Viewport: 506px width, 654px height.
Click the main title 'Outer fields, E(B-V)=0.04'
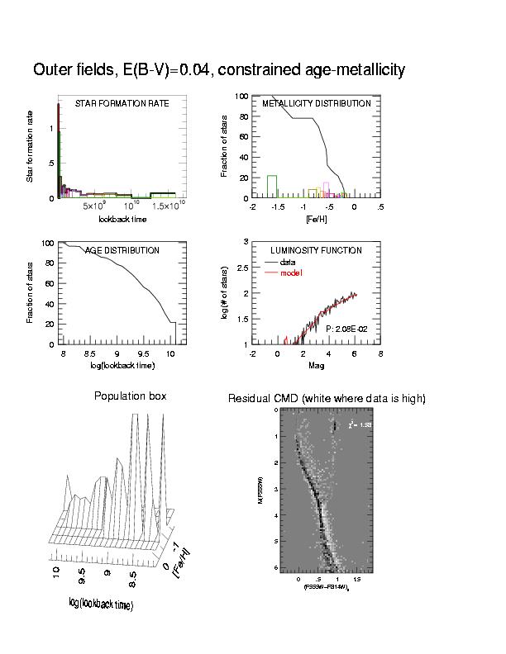218,70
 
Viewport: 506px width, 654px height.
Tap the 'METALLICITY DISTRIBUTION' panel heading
317,104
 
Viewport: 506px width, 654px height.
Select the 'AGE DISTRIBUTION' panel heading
122,250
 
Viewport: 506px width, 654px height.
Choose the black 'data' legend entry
287,262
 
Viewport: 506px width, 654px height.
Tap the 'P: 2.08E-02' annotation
346,329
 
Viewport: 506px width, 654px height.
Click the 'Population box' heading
131,396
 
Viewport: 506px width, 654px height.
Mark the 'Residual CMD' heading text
327,399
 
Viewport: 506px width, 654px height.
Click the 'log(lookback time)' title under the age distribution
122,365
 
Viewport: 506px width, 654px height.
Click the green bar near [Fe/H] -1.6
271,187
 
